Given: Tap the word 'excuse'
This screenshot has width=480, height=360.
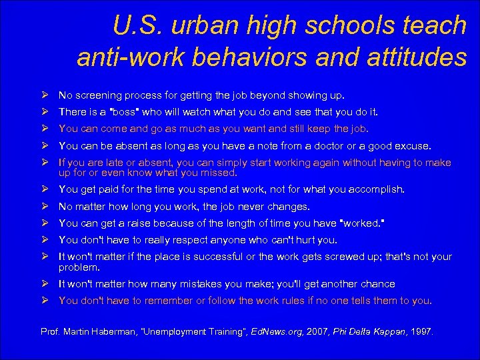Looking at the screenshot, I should (413, 145).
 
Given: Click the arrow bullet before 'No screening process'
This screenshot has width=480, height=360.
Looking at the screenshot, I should (44, 95).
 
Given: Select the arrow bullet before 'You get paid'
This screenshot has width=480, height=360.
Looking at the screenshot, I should (44, 189).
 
